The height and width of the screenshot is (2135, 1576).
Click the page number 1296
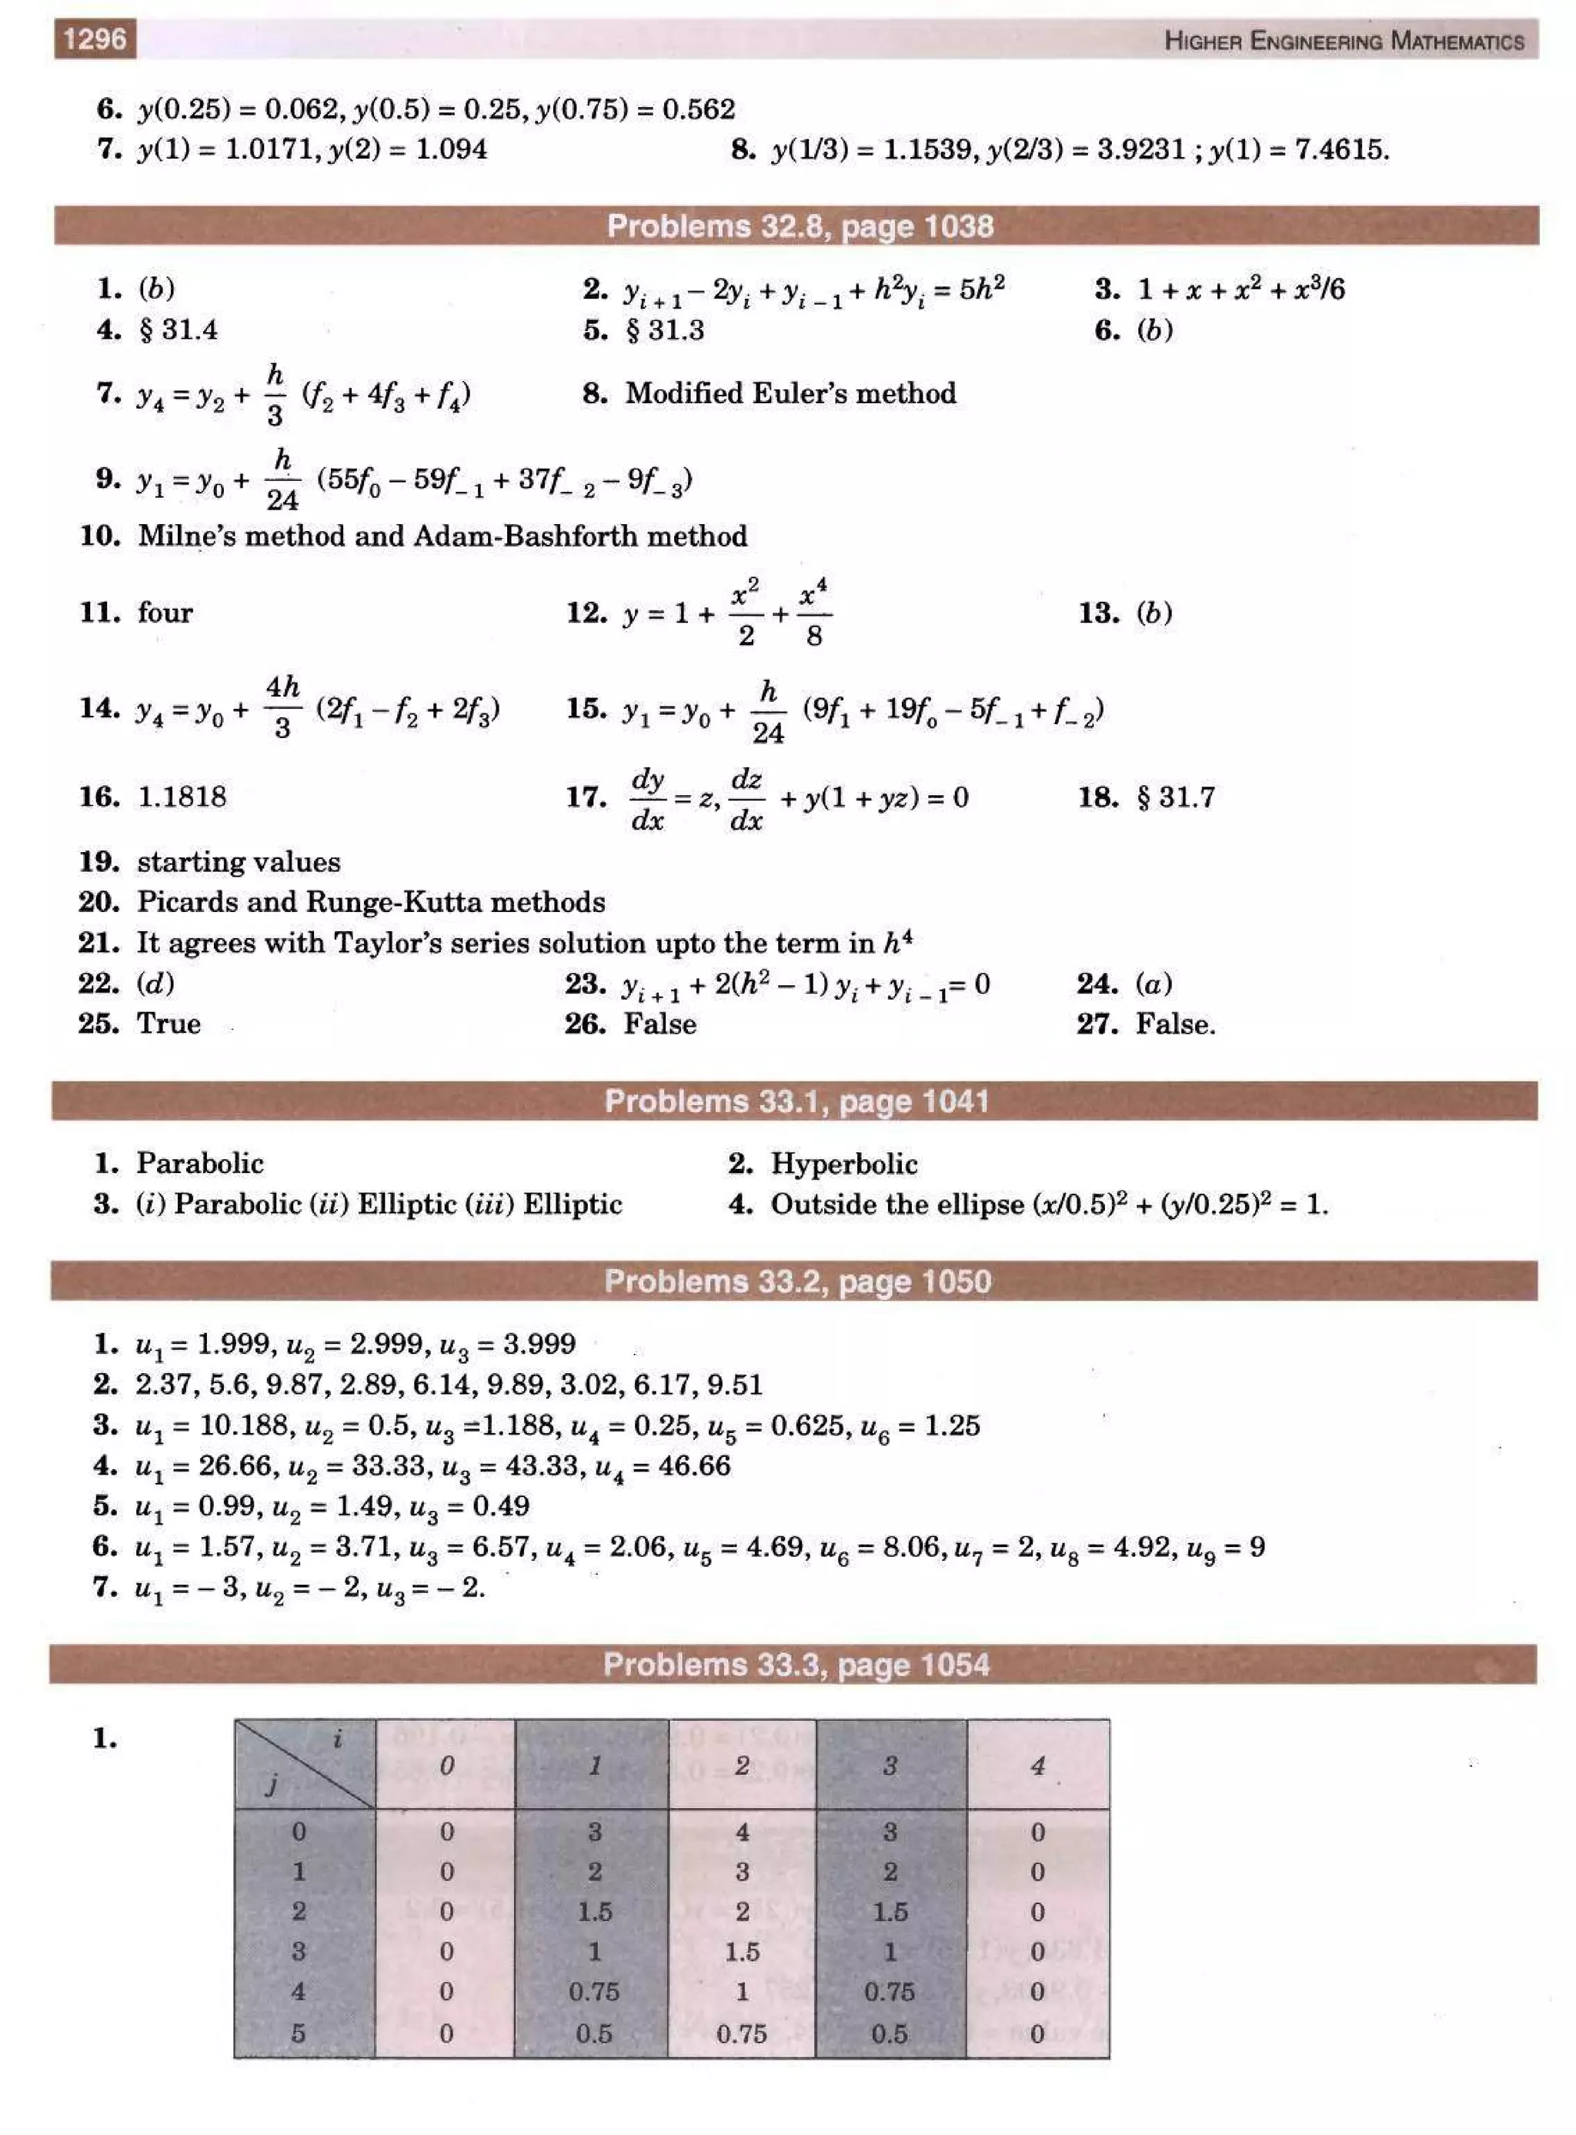point(95,39)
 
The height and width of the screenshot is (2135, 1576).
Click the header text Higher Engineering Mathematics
point(1344,41)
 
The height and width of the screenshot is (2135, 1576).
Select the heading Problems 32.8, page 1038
point(800,226)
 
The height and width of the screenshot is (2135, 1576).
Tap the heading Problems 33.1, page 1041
point(796,1101)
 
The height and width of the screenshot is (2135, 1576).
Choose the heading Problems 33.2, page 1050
point(797,1281)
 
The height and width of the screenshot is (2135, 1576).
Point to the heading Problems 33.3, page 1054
point(796,1665)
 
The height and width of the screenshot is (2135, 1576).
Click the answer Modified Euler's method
point(790,393)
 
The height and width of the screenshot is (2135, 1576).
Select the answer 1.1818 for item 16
point(182,797)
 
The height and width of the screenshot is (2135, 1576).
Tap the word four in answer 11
point(164,612)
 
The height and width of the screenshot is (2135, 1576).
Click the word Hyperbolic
point(843,1164)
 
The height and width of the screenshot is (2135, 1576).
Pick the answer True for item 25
point(169,1024)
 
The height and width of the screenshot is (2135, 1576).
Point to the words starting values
point(239,861)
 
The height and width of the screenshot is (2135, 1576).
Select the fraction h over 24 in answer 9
point(282,479)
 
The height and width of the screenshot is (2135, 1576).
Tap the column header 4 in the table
point(1037,1766)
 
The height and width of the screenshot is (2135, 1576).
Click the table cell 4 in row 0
point(742,1832)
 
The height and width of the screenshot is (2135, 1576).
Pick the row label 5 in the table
point(299,2033)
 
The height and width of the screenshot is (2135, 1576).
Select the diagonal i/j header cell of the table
point(304,1764)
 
